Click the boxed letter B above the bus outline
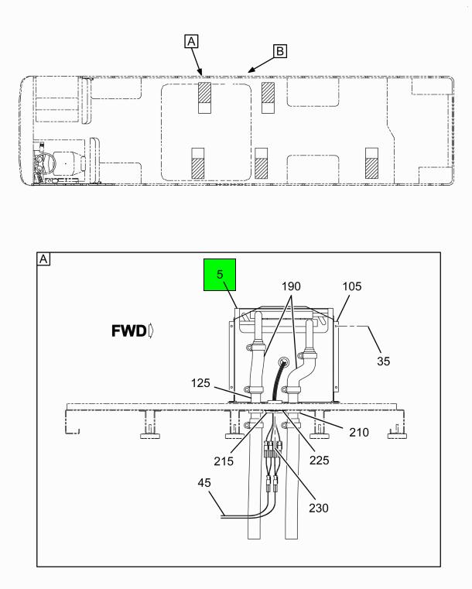[x=280, y=51]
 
